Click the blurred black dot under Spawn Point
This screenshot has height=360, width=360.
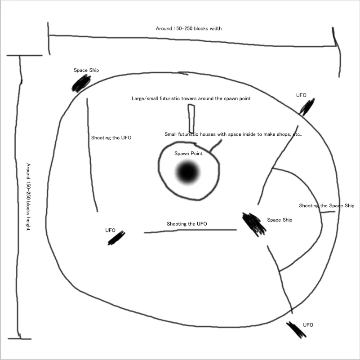tap(187, 172)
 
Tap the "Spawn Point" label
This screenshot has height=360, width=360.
tap(188, 153)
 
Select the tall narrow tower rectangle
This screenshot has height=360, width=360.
tap(191, 119)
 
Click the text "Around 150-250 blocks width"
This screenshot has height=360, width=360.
tap(189, 28)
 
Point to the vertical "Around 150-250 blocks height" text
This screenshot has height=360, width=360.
tap(28, 197)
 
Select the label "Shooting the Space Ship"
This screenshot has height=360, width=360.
tap(326, 205)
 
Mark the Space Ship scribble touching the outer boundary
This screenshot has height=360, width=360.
tap(81, 84)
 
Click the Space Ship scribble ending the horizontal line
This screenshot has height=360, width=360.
tap(253, 224)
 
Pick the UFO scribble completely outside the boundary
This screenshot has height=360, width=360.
tap(296, 330)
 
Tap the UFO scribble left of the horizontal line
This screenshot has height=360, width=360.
tap(116, 238)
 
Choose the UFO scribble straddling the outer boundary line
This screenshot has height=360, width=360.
tap(307, 107)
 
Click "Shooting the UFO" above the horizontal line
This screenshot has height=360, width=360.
tap(187, 224)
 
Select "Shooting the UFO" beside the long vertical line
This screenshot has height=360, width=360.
tap(111, 138)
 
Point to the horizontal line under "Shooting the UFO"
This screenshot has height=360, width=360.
tap(190, 230)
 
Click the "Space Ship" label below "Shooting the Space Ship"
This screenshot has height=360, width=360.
tap(280, 220)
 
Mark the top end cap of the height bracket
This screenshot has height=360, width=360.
tap(25, 55)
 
